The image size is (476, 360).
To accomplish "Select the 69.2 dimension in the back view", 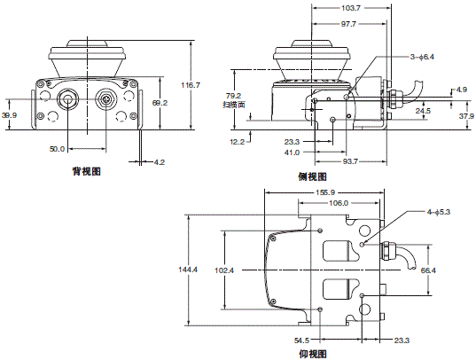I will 160,103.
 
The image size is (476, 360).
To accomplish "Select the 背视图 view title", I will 86,172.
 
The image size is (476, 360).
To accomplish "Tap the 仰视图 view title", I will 314,354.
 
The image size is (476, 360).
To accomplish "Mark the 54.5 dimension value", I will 301,340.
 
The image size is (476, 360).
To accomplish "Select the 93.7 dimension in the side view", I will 351,161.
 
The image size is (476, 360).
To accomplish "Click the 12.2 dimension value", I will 238,141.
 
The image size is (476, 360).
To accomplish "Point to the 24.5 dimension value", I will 424,111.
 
